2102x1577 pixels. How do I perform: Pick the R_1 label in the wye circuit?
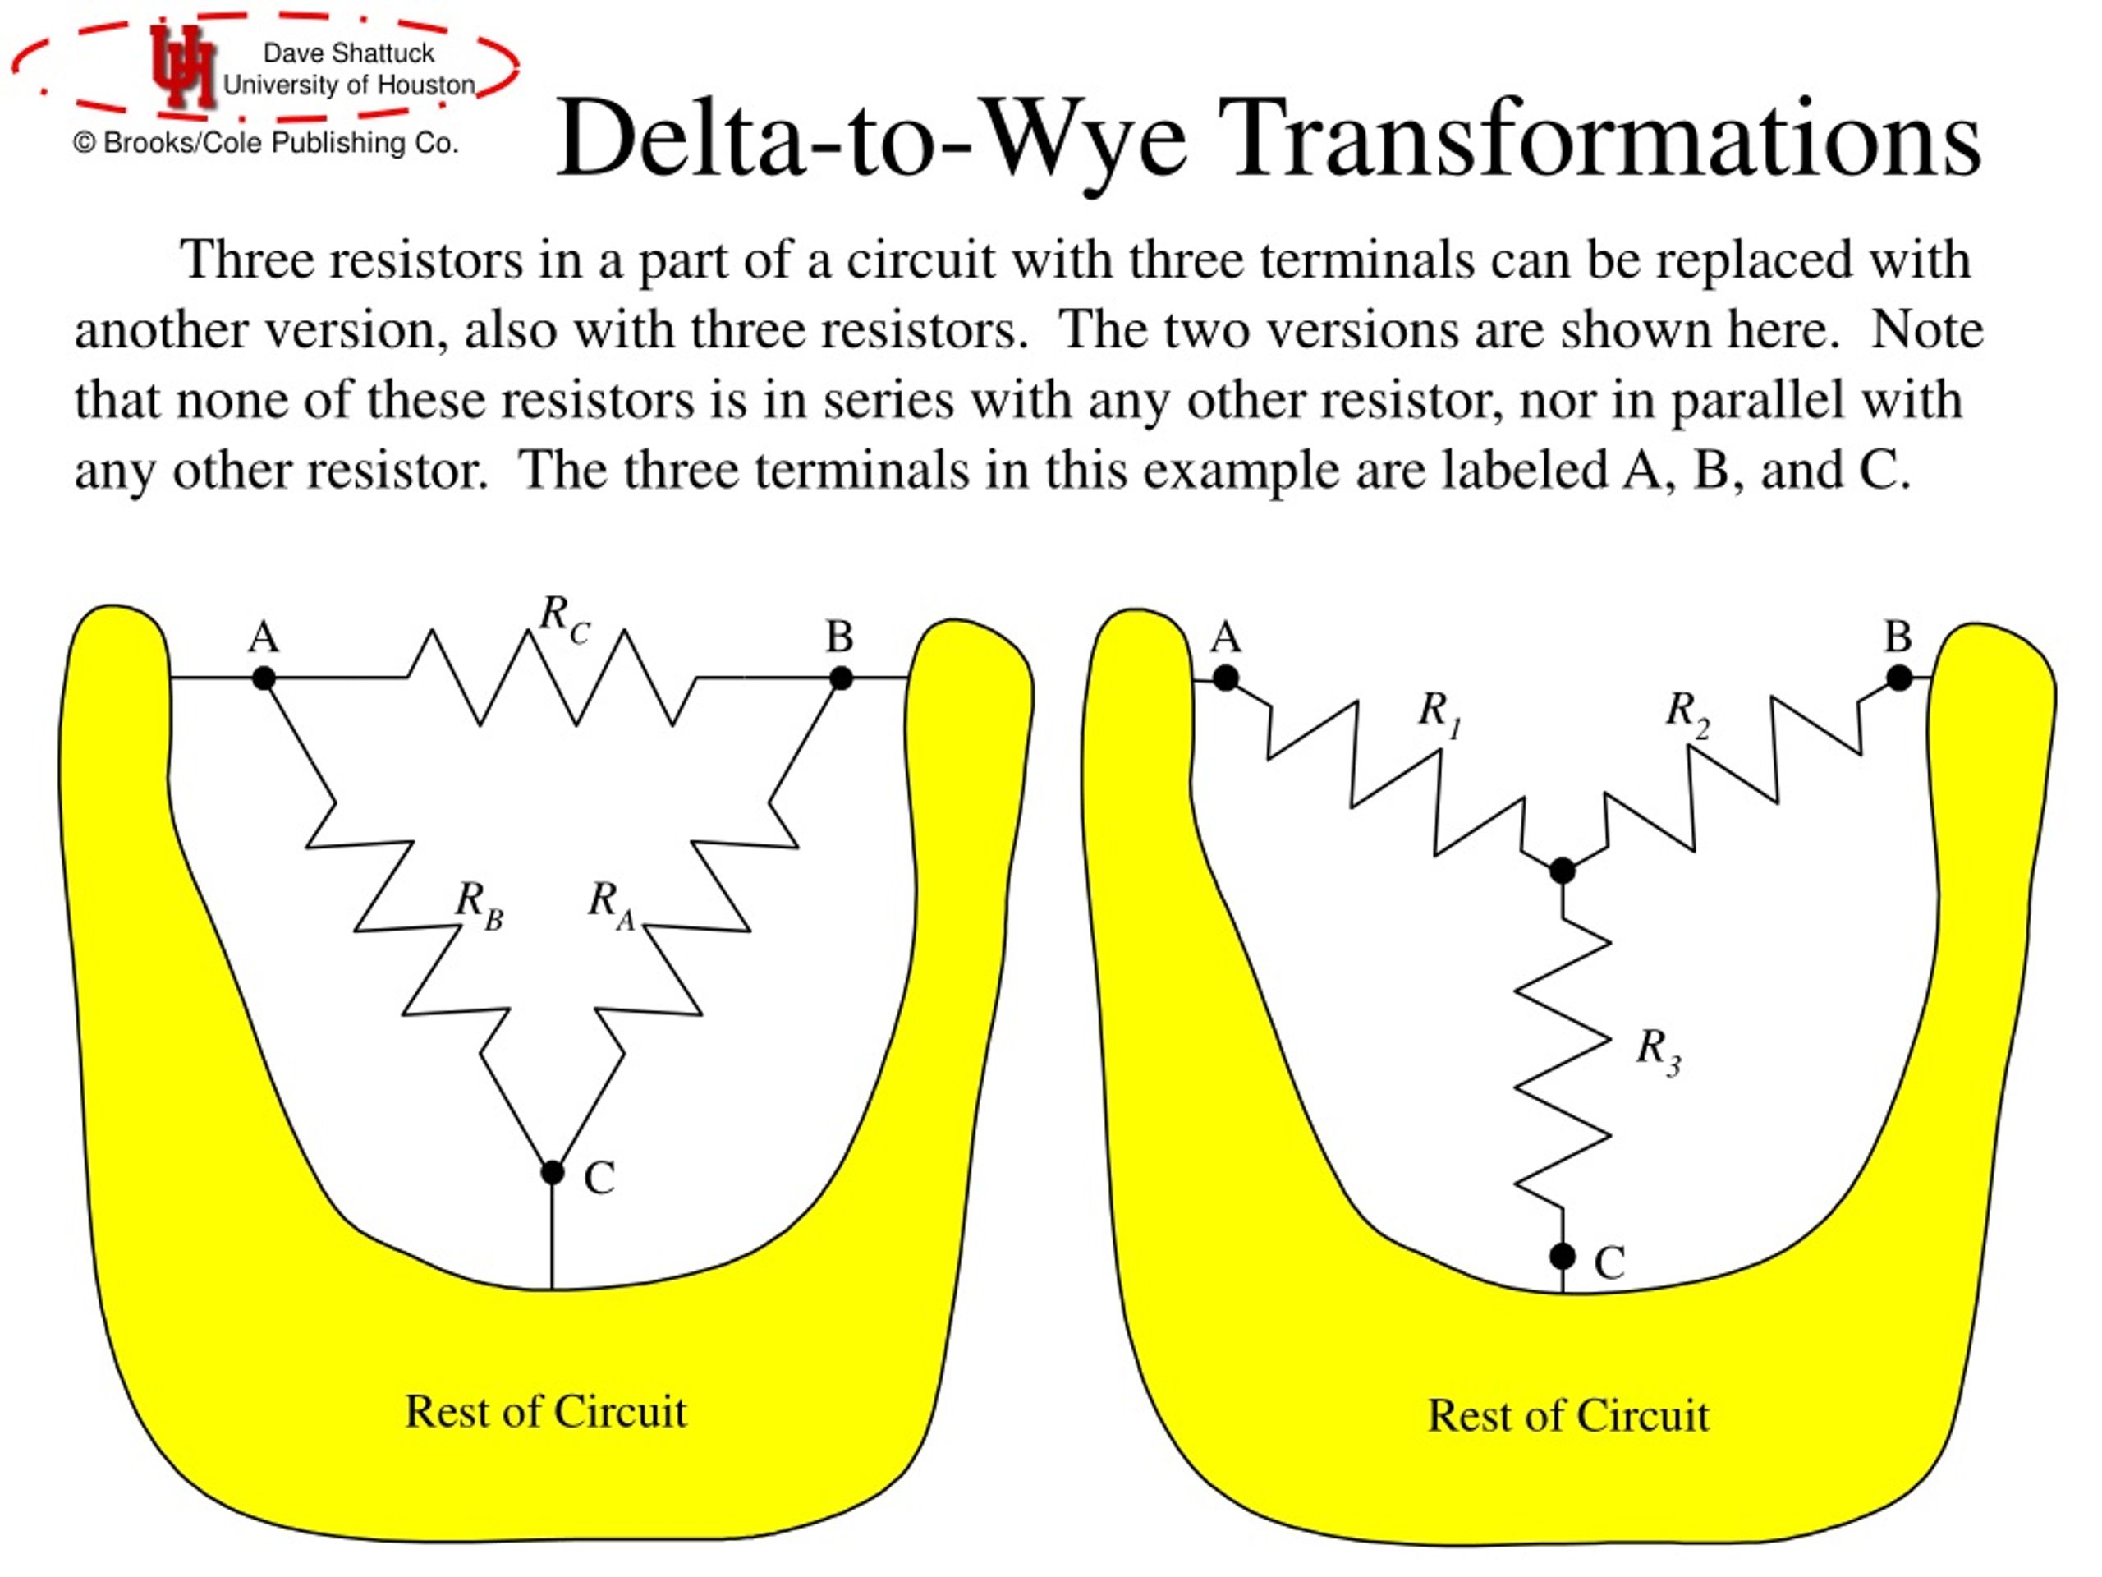pos(1439,714)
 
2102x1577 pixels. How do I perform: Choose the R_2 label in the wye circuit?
pos(1687,714)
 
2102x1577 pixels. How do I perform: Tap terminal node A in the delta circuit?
pos(264,678)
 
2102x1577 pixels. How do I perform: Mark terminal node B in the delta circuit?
pos(841,678)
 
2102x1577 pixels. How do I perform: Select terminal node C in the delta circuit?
pos(552,1173)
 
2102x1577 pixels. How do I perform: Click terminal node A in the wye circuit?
pos(1226,678)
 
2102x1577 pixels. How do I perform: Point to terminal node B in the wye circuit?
pos(1898,678)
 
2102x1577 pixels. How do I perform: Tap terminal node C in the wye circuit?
pos(1563,1257)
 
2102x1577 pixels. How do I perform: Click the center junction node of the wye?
pos(1563,870)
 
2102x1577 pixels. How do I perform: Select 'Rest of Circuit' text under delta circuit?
pos(545,1412)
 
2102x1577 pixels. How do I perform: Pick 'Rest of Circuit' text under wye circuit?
pos(1568,1416)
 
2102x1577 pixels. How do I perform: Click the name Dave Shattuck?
pos(348,53)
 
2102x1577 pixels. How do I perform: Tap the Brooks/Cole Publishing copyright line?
pos(266,143)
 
